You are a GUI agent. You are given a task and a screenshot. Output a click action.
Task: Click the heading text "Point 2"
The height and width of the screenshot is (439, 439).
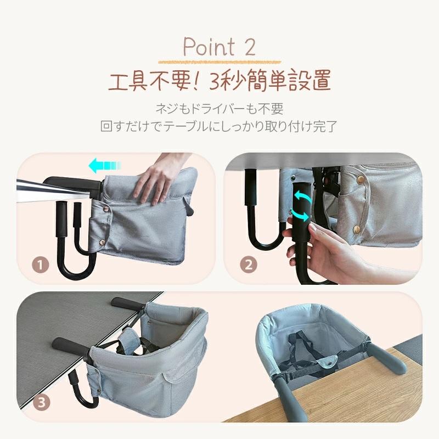point(219,47)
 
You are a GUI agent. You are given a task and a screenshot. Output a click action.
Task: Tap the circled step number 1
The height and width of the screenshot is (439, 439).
point(40,264)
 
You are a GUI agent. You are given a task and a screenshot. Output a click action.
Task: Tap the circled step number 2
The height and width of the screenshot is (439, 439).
point(249,264)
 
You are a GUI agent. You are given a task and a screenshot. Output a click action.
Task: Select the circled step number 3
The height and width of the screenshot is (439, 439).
point(42,403)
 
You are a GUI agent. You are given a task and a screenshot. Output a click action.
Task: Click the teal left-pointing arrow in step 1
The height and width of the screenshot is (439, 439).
point(105,166)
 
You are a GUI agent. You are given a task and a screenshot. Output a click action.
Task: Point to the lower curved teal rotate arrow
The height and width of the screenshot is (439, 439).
point(301,215)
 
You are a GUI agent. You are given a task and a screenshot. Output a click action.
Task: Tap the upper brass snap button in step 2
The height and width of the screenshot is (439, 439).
point(361,179)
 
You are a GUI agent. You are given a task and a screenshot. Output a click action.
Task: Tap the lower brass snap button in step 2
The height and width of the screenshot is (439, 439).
point(356,229)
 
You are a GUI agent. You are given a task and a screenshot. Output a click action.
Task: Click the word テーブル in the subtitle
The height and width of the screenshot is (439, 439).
point(186,127)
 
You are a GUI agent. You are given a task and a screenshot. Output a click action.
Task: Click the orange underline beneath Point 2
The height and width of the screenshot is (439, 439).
point(219,62)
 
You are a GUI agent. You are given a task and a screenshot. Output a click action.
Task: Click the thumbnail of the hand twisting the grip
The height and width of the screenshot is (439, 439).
point(323,218)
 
